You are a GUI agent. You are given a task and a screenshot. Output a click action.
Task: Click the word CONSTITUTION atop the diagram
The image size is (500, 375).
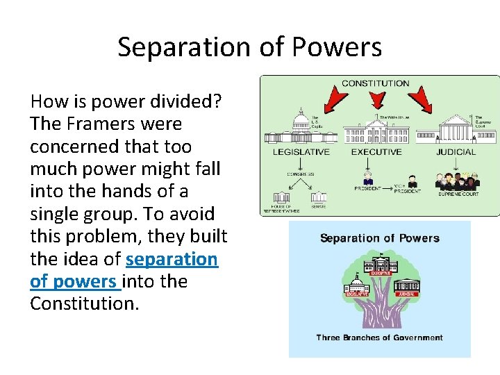pyautogui.click(x=376, y=83)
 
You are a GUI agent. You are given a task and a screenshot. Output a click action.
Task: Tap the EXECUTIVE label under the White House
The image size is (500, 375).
pyautogui.click(x=376, y=152)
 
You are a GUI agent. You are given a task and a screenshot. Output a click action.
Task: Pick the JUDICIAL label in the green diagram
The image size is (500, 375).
pyautogui.click(x=456, y=152)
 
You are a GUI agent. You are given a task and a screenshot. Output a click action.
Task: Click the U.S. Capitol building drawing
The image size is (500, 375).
pyautogui.click(x=300, y=128)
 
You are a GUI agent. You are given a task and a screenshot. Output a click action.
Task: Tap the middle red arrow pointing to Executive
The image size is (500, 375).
pyautogui.click(x=376, y=104)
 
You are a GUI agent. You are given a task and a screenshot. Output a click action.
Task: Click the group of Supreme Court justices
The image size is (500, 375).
pyautogui.click(x=457, y=182)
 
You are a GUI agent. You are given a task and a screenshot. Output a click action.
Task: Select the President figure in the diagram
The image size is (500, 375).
pyautogui.click(x=368, y=178)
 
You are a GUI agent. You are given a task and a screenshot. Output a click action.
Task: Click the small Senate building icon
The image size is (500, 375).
pyautogui.click(x=319, y=197)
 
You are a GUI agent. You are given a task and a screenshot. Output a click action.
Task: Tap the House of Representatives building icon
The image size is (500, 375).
pyautogui.click(x=281, y=198)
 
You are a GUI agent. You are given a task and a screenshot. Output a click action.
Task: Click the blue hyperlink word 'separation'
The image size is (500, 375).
pyautogui.click(x=172, y=259)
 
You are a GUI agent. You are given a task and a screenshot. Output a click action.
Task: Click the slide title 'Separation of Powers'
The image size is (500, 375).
pyautogui.click(x=249, y=47)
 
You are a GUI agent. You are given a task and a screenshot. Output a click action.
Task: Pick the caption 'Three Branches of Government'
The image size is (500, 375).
pyautogui.click(x=379, y=337)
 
